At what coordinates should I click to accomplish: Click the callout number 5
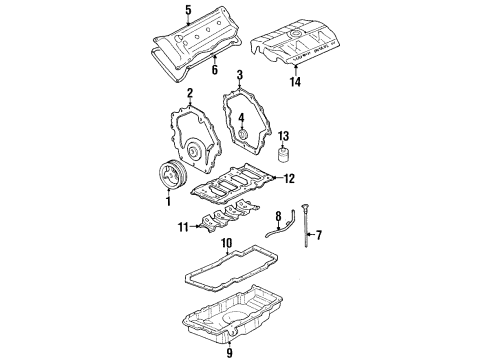click(x=187, y=12)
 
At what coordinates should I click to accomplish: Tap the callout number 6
click(x=215, y=70)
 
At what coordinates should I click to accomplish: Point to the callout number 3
click(x=240, y=120)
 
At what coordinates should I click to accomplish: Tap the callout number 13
click(x=283, y=135)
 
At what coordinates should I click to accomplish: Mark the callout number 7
click(x=319, y=236)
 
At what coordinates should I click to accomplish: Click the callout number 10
click(x=226, y=242)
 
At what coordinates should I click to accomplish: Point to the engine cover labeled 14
click(x=300, y=40)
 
